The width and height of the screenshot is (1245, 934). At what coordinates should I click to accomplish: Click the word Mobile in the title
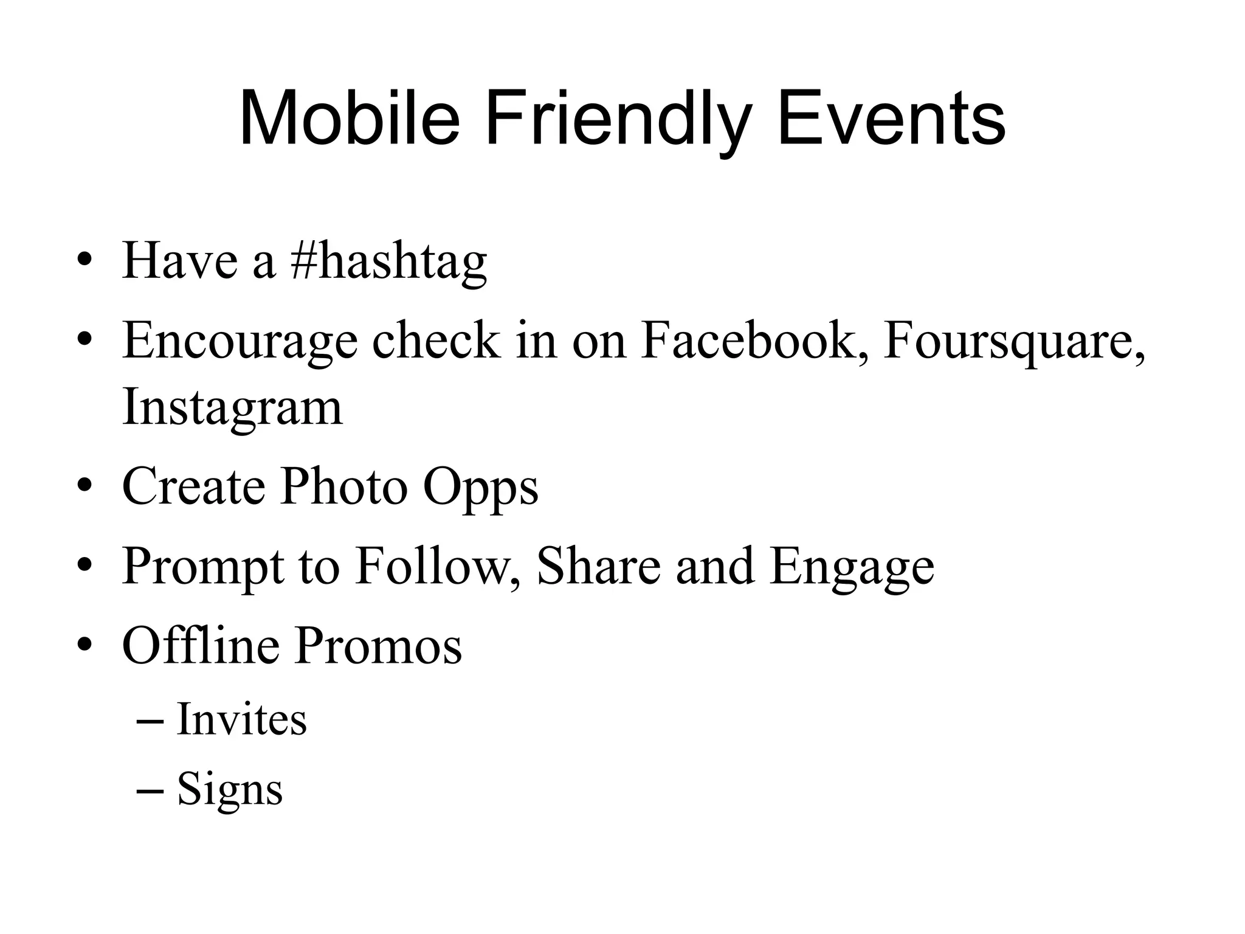point(350,119)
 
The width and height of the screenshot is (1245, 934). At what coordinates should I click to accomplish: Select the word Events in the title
point(891,119)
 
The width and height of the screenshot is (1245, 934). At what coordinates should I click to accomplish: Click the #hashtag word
point(389,261)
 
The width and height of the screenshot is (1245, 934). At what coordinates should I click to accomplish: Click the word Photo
point(343,486)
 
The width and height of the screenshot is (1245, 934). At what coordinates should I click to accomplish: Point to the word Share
point(599,567)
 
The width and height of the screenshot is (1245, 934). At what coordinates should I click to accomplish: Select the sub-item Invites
point(241,719)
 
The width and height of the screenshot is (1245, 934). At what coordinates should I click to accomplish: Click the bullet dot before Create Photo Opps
point(84,486)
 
